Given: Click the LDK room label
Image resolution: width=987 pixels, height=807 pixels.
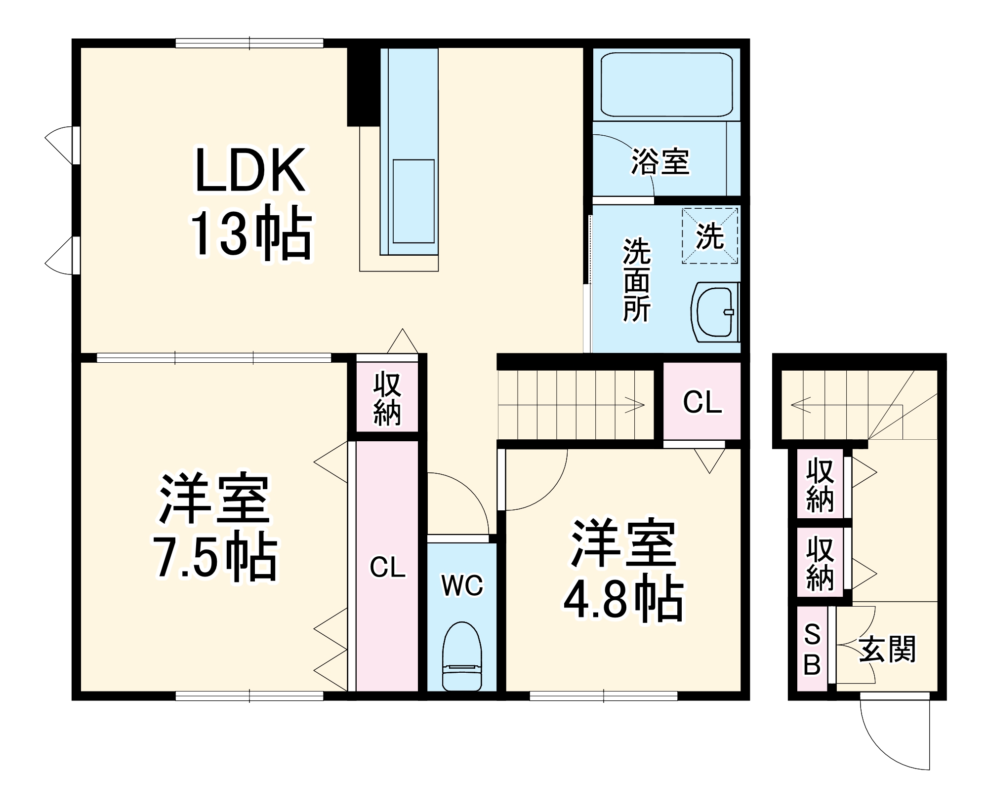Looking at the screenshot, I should [250, 170].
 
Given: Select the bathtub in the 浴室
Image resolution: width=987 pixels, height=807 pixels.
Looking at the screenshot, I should [666, 84].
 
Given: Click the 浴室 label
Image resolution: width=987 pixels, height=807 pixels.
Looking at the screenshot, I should [660, 161].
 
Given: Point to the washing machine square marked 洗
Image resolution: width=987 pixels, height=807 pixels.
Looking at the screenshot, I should [710, 236].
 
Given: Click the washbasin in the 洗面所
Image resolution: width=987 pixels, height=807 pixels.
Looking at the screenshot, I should [715, 312].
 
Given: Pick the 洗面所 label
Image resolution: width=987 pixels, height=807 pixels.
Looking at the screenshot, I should [637, 280].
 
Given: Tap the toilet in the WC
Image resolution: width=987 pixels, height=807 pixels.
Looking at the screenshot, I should [462, 656].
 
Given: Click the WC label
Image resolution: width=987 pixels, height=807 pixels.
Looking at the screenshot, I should [462, 586].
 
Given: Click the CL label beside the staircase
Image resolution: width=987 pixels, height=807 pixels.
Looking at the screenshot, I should [702, 402].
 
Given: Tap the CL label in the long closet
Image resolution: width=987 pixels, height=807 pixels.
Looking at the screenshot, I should [387, 568].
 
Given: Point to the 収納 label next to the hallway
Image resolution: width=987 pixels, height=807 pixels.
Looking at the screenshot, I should [387, 400].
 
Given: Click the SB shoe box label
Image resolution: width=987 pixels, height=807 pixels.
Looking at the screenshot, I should [812, 650].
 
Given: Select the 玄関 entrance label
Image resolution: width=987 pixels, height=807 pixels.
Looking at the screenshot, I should [887, 650].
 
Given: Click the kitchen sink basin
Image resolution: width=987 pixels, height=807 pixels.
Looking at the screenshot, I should [413, 201].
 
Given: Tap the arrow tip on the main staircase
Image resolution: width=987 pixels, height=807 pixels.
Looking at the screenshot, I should [643, 405].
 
